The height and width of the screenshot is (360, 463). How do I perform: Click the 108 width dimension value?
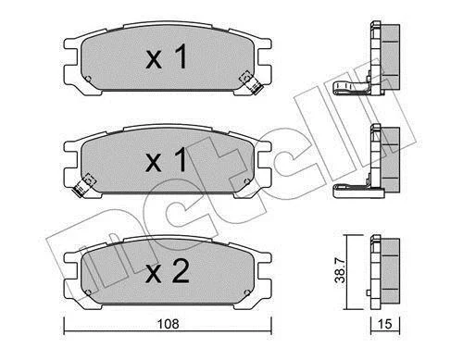(x=168, y=324)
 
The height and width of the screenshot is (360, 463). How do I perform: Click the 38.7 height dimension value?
(x=341, y=272)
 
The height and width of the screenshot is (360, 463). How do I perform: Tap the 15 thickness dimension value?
(x=384, y=324)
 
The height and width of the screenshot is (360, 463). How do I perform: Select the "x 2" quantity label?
(x=167, y=270)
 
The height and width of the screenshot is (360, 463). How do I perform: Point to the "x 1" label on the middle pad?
(x=167, y=159)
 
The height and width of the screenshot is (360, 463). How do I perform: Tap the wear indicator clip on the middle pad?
(x=83, y=185)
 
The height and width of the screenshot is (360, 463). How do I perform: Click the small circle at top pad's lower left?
(x=88, y=79)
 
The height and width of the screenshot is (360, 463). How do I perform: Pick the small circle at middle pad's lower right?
(x=246, y=181)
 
